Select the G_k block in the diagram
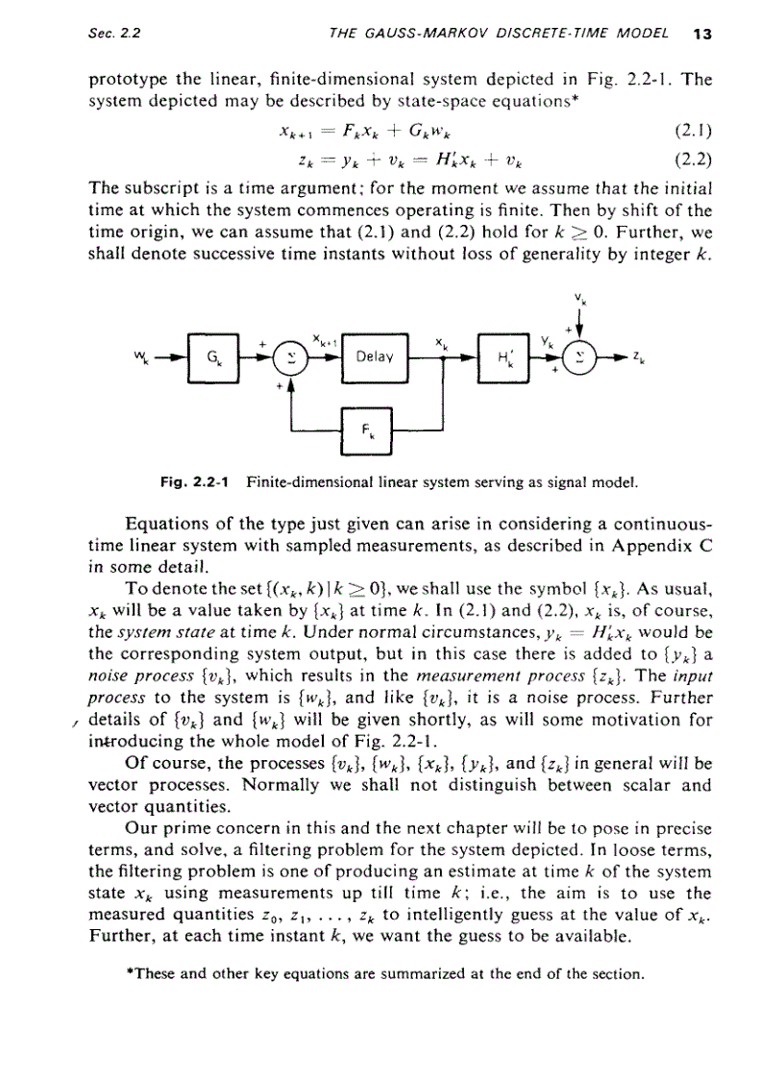click(209, 356)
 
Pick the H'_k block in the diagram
click(504, 356)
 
